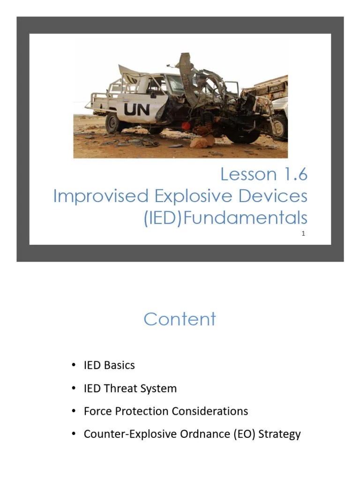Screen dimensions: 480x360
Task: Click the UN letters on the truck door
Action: pyautogui.click(x=137, y=109)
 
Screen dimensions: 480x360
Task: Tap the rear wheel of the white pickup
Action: pyautogui.click(x=114, y=123)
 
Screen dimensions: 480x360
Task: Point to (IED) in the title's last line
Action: pyautogui.click(x=162, y=218)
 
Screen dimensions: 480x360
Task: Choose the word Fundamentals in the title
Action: pyautogui.click(x=245, y=218)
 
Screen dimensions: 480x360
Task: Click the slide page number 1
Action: pyautogui.click(x=303, y=233)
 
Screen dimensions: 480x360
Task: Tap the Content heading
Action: pyautogui.click(x=180, y=319)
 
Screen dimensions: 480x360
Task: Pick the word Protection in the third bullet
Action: pyautogui.click(x=143, y=411)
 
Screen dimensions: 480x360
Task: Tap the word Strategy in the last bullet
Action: pyautogui.click(x=279, y=435)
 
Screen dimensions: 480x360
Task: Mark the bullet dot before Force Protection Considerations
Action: pyautogui.click(x=74, y=411)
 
